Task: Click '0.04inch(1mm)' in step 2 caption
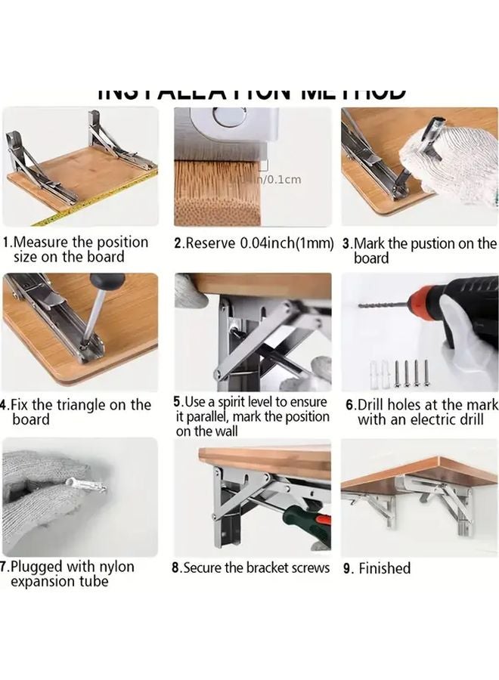[287, 243]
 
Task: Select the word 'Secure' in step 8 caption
[203, 567]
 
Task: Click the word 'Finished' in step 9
[384, 568]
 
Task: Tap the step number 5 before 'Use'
[178, 403]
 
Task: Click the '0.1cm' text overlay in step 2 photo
[284, 179]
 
